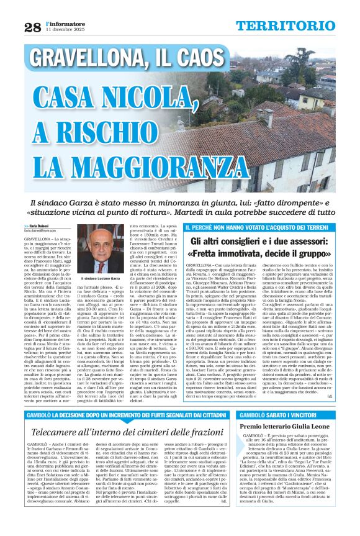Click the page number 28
coord(32,27)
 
